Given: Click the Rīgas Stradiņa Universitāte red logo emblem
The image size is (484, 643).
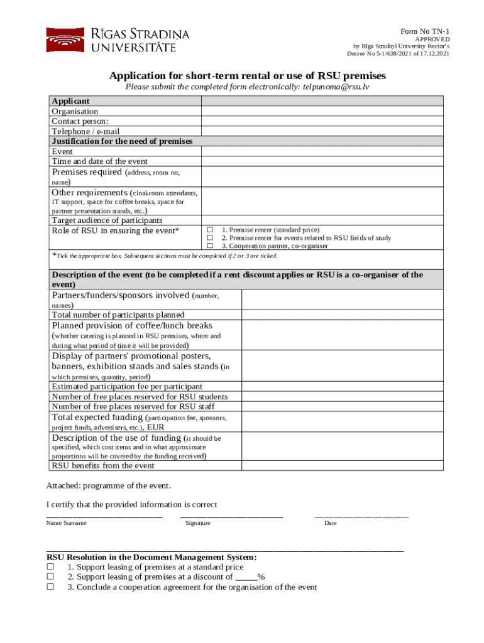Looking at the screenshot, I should point(64,40).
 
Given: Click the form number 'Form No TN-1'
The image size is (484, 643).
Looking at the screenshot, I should point(425,32).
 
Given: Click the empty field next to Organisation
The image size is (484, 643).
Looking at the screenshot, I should point(322,111).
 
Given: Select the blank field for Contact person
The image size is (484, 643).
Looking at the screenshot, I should point(322,121).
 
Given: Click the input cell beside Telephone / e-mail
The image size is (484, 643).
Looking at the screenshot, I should point(322,131).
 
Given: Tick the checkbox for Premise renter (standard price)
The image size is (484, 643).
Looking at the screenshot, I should point(211,230).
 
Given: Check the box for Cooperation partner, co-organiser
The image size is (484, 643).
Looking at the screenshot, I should point(211,246).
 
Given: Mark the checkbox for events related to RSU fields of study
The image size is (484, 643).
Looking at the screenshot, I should point(211,238).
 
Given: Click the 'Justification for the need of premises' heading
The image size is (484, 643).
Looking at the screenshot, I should point(122,141).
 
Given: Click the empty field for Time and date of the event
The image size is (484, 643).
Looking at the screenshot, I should point(322,161).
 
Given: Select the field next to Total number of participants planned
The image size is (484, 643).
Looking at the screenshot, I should point(342,315).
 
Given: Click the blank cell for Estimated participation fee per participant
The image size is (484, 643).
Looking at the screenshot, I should point(342,386).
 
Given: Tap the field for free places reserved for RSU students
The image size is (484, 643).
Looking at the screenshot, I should point(342,397).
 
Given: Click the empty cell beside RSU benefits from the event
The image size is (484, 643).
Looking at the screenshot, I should point(342,465).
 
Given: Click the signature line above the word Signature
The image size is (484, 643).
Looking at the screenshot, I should point(231,516).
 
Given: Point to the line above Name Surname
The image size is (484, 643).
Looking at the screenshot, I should point(104,516).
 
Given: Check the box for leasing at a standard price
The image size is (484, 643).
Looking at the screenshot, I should point(50,567).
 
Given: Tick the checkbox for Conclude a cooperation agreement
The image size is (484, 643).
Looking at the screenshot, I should point(50,587).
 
